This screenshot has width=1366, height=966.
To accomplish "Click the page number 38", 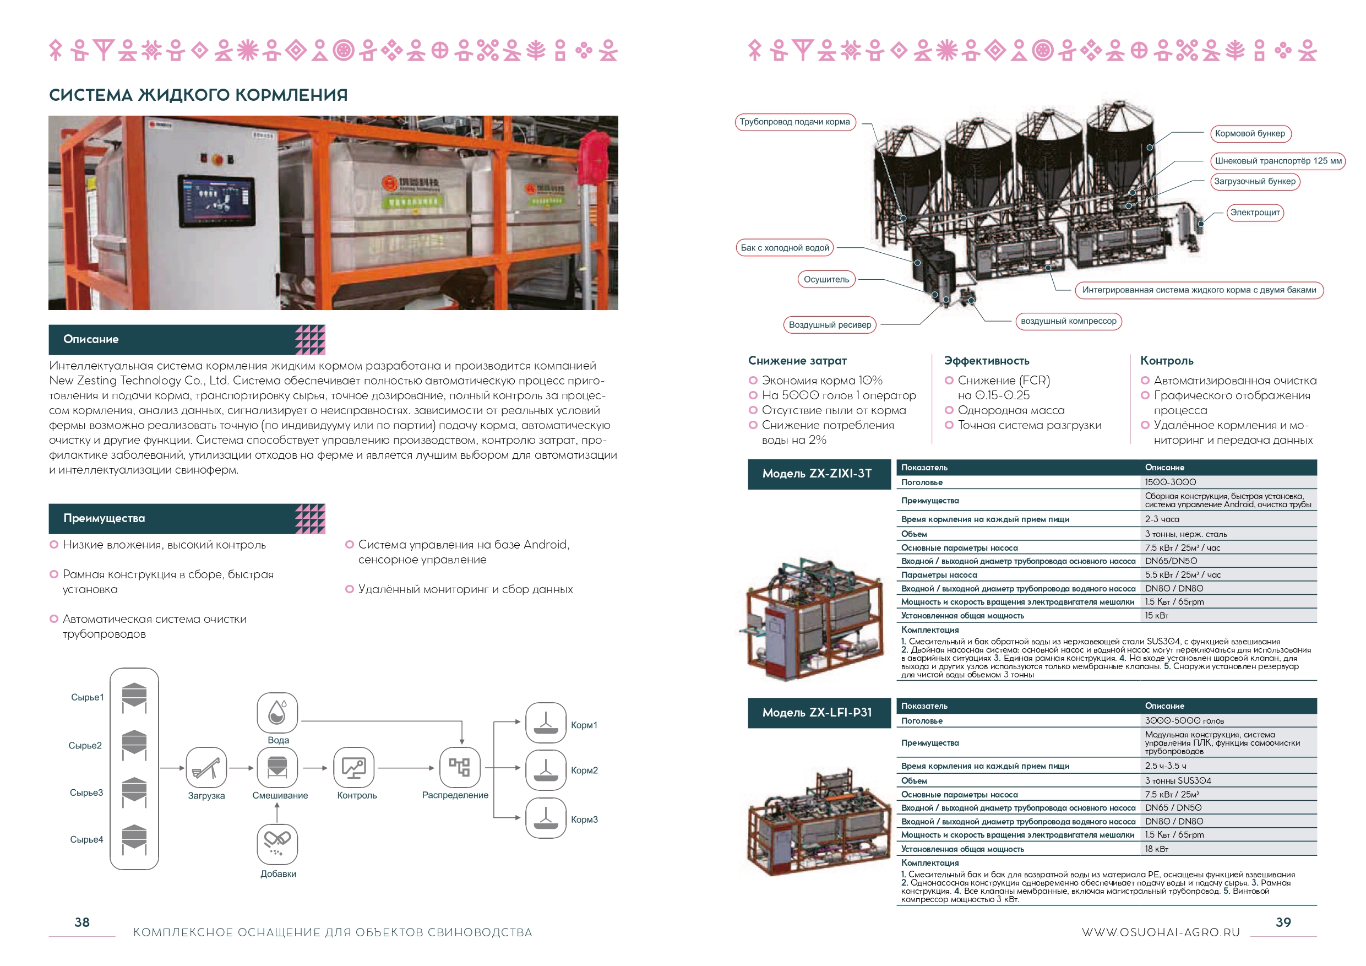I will click(81, 922).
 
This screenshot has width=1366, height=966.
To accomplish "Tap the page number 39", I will click(1283, 922).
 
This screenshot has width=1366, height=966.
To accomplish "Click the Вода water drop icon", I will click(277, 713).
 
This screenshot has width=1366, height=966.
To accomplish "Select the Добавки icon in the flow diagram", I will click(277, 843).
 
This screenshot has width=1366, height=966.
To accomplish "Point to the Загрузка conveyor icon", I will click(206, 767).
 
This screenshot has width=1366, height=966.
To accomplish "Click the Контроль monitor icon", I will click(354, 767).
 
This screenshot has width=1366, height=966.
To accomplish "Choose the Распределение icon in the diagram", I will click(459, 767).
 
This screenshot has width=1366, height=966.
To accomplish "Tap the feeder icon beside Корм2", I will click(546, 769).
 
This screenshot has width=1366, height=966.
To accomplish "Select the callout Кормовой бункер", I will click(1249, 133).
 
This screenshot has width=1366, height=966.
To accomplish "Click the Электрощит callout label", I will click(1255, 213).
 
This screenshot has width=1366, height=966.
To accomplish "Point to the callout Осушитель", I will click(826, 279).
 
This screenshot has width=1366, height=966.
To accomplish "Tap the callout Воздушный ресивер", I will click(829, 325).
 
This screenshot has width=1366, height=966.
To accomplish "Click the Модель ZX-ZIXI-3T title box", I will click(819, 474).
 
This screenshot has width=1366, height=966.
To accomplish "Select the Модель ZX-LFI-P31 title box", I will click(819, 713).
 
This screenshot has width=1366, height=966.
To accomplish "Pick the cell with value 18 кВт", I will click(1157, 849).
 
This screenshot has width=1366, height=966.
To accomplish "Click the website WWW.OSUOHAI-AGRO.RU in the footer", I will click(1160, 932).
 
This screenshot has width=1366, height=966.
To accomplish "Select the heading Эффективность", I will click(987, 361).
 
